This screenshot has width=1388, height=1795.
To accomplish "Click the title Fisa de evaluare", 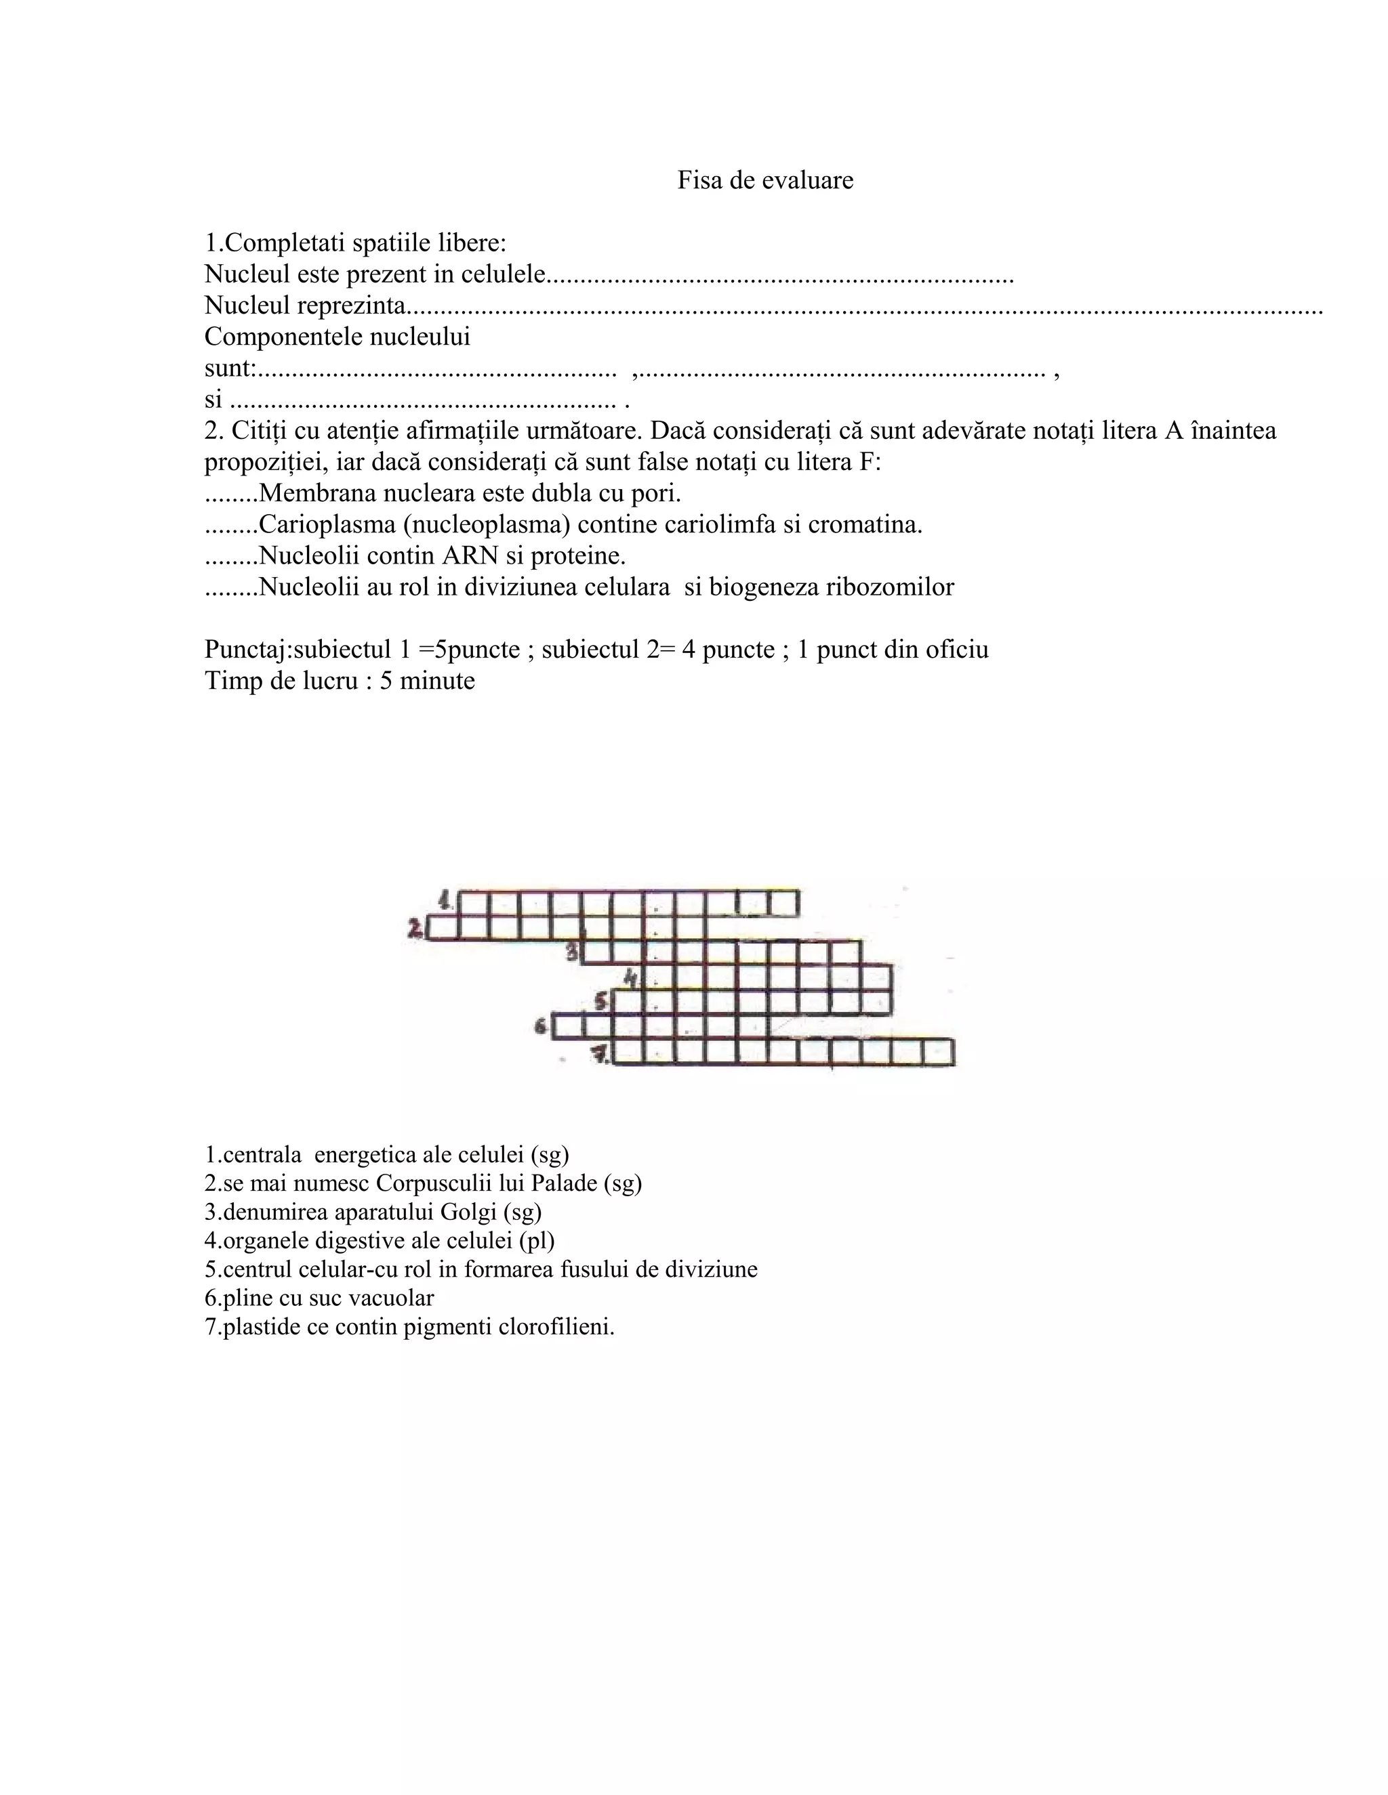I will click(x=764, y=180).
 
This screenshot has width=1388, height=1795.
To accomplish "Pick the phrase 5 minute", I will click(x=427, y=681).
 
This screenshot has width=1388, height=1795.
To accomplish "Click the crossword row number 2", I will click(x=416, y=929).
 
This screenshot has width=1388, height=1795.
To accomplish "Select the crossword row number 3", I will click(x=574, y=952).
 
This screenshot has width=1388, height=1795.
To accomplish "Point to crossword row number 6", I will click(x=541, y=1025).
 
